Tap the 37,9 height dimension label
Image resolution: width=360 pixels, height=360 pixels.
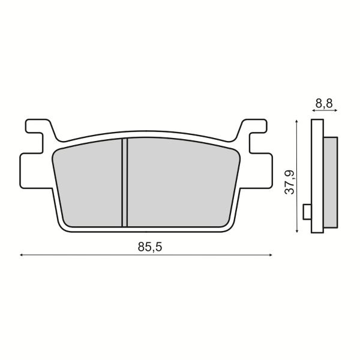[289, 182]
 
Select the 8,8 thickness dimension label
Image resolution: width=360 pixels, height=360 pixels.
[324, 103]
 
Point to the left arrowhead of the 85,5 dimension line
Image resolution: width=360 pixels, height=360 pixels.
[22, 256]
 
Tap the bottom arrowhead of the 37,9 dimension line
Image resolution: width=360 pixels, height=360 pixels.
[297, 231]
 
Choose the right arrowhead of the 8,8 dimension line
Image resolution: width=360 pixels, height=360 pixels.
[335, 111]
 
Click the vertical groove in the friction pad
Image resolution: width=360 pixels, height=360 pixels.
[125, 182]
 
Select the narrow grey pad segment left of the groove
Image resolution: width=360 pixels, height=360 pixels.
[90, 186]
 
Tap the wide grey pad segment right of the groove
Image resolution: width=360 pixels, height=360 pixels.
[180, 183]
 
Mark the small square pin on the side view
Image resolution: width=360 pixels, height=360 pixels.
[307, 212]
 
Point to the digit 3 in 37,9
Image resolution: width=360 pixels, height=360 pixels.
[289, 191]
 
